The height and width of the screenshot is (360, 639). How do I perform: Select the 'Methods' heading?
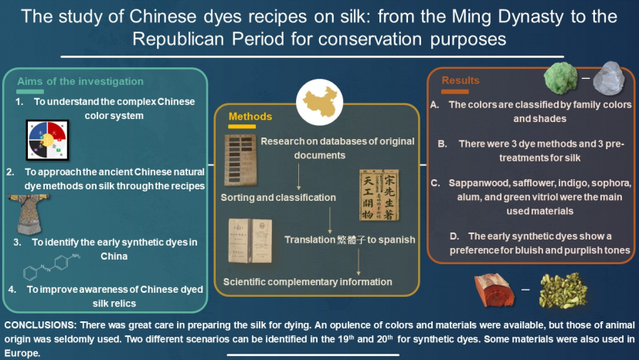(250, 117)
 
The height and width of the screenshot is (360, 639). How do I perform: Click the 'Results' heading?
(461, 80)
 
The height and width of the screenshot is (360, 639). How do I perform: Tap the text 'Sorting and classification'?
(278, 198)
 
